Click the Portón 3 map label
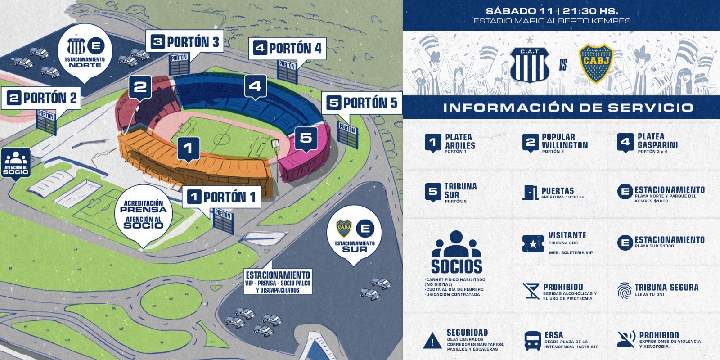coord(185,42)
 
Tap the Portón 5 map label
coord(362,103)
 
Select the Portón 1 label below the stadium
coord(222,197)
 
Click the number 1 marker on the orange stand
coord(189,149)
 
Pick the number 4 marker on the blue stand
coord(256,86)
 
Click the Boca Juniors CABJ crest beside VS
coord(596,63)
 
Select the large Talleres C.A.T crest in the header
coord(530,64)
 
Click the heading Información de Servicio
coord(568,108)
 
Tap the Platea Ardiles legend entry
coord(450,144)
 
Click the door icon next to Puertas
coord(531,193)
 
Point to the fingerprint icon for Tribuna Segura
coord(624,291)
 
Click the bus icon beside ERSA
coord(533,341)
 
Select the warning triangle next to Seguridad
coord(432,341)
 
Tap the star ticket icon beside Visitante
coord(533,244)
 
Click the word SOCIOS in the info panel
coord(456,266)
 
